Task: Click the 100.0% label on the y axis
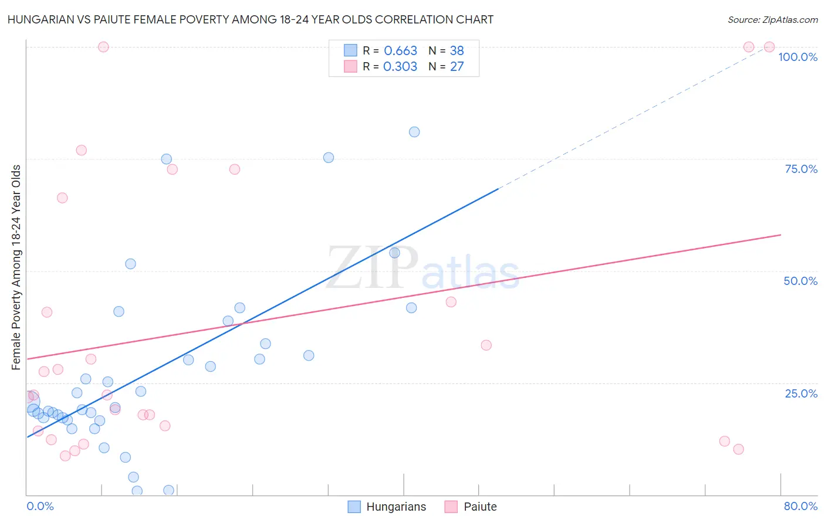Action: coord(797,57)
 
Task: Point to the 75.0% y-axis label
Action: coord(801,169)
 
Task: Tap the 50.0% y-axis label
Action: coord(800,281)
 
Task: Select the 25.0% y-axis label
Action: coord(801,393)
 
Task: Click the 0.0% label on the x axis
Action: coord(40,506)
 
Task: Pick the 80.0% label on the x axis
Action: coord(800,506)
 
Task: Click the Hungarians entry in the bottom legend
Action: coord(396,507)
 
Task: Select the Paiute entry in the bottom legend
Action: coord(480,507)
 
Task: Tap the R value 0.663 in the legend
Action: coord(400,51)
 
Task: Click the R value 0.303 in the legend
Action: coord(400,67)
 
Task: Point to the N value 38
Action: coord(457,51)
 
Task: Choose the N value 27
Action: coord(457,67)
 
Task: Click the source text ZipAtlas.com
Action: coord(773,20)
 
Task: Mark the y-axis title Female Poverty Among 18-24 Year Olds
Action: coord(16,267)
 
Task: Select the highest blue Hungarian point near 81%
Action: coord(414,132)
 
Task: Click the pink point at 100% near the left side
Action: coord(103,47)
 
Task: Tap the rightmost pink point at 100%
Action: coord(769,47)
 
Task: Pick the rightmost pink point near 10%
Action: coord(738,449)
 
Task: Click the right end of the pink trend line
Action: coord(780,235)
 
